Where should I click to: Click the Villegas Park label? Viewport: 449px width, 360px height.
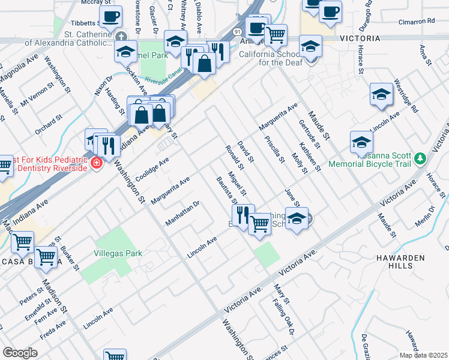coord(118,253)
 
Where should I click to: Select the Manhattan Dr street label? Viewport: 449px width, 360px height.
coord(182,214)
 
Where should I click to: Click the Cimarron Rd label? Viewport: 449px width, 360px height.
coord(416,21)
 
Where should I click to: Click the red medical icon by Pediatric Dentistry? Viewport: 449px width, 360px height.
coord(95,163)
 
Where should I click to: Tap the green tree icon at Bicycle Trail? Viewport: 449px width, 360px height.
coord(421,158)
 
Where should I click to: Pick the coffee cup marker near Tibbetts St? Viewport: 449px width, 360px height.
coord(111,17)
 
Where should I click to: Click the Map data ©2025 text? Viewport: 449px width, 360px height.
coord(423,355)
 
